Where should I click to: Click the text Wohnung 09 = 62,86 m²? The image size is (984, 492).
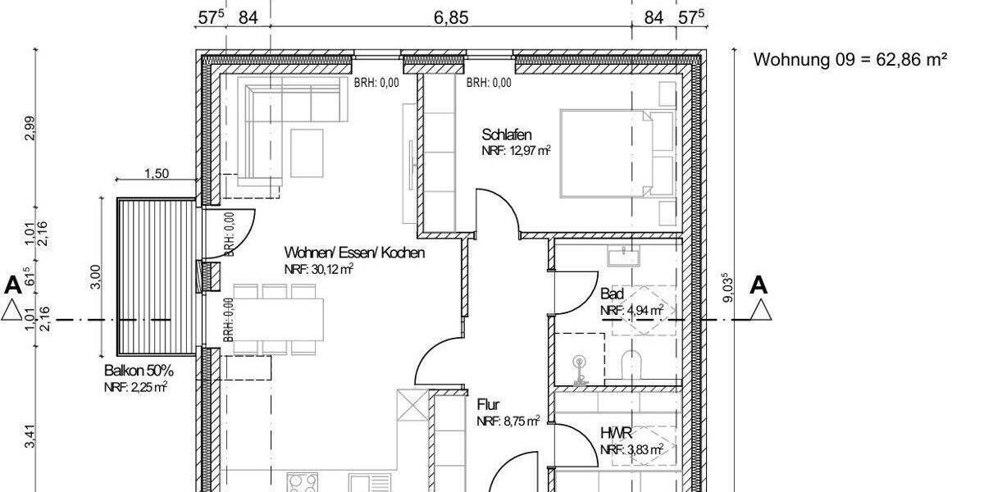(850, 60)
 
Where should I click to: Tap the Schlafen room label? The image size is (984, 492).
(508, 134)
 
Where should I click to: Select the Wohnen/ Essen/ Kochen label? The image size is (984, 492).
(354, 253)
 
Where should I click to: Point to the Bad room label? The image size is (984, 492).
(612, 294)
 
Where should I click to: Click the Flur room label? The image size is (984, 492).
(488, 405)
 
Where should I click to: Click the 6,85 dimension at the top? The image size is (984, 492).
(451, 18)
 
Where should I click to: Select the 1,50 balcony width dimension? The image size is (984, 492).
(156, 173)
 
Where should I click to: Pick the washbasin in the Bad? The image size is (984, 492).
(623, 257)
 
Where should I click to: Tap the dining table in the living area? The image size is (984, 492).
(279, 318)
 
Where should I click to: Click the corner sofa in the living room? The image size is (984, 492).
(271, 123)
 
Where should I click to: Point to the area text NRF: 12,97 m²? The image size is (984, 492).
(516, 151)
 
